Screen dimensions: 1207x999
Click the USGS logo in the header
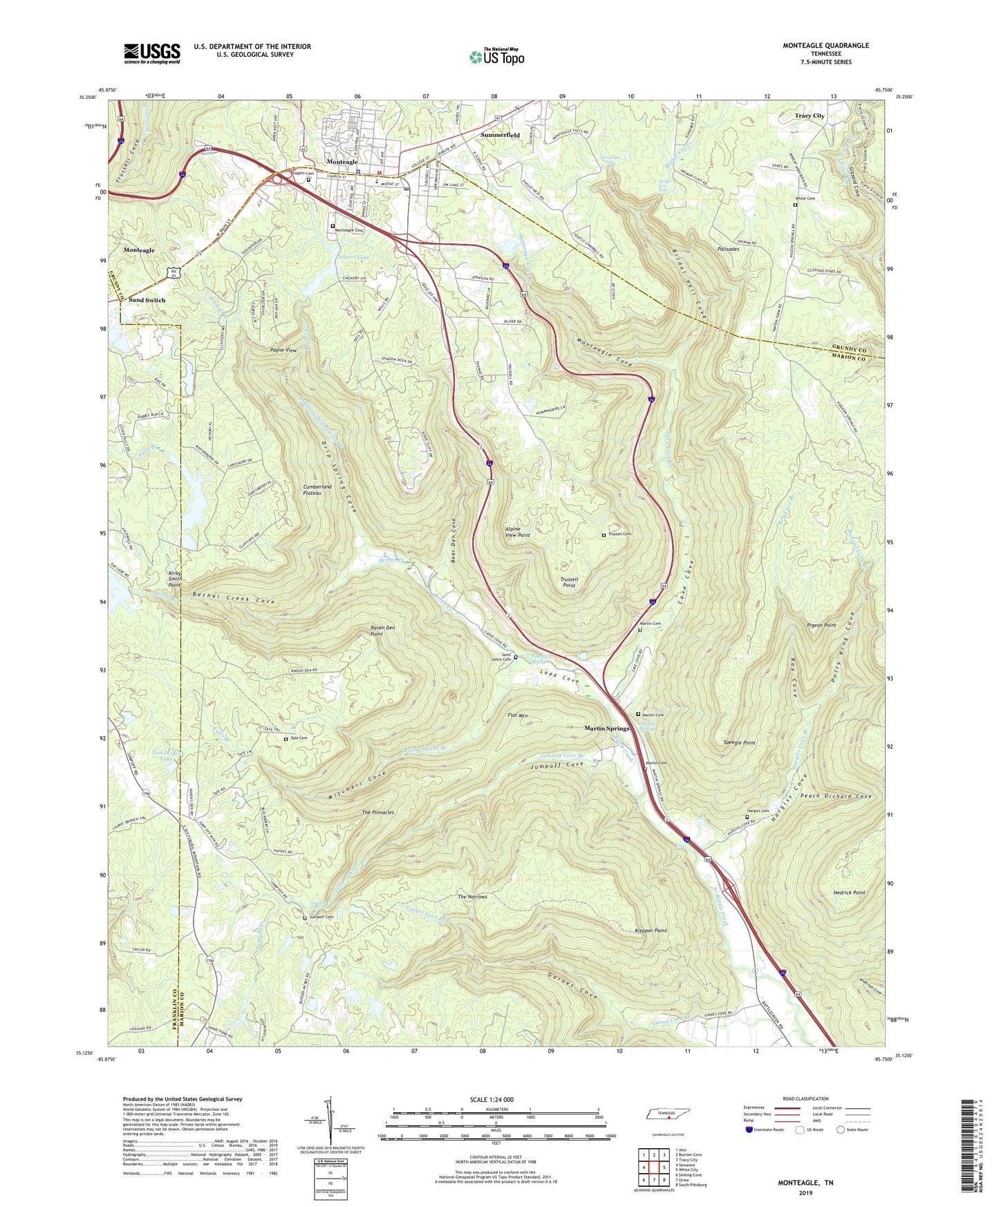(x=152, y=53)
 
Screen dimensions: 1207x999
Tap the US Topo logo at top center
(x=496, y=57)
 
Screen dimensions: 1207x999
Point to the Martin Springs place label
(x=607, y=729)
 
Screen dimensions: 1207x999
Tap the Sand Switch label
(x=147, y=300)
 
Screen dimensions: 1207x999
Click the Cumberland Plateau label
(x=317, y=491)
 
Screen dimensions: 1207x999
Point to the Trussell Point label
(x=568, y=582)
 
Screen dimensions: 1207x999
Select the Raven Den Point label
(x=382, y=630)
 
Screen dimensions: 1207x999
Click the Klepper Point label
(x=651, y=930)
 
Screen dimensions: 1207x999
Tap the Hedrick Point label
(x=849, y=892)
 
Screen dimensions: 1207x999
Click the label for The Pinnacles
(x=378, y=812)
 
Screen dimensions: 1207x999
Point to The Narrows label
(x=472, y=897)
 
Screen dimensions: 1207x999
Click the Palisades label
(x=733, y=249)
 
